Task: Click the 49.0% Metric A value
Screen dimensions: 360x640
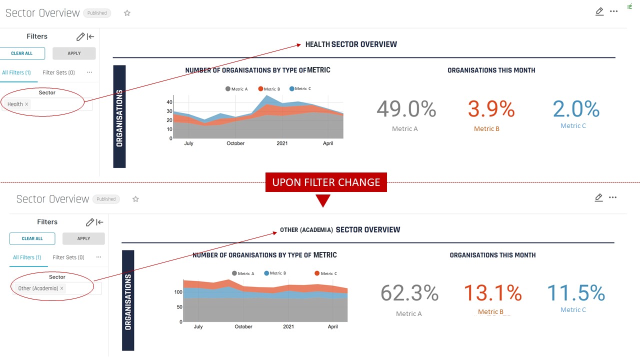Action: [x=406, y=109]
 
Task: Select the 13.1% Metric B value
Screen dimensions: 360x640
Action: [x=492, y=293]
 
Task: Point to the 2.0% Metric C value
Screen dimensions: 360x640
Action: [x=576, y=109]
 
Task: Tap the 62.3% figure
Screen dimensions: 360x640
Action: [x=409, y=293]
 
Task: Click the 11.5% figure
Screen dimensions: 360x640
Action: [x=575, y=293]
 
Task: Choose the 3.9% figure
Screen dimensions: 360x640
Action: [x=491, y=109]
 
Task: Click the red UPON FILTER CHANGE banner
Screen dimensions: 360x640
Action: [x=326, y=182]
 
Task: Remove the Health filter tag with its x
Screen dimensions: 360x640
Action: [x=27, y=104]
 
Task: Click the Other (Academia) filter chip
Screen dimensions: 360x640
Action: [x=38, y=288]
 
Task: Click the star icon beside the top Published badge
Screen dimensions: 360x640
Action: [x=127, y=13]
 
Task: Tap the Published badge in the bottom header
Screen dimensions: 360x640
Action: [x=106, y=199]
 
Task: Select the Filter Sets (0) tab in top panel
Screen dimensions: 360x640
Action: [x=58, y=72]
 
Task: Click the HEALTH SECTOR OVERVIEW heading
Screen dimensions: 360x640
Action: [x=351, y=44]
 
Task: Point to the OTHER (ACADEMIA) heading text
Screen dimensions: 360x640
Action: [x=306, y=230]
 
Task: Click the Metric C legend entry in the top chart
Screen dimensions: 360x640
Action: [x=300, y=89]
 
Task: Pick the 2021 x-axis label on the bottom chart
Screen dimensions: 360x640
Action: [x=288, y=326]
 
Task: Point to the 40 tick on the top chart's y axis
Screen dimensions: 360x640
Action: [x=169, y=102]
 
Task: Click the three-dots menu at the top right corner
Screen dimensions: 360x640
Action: [x=614, y=11]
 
